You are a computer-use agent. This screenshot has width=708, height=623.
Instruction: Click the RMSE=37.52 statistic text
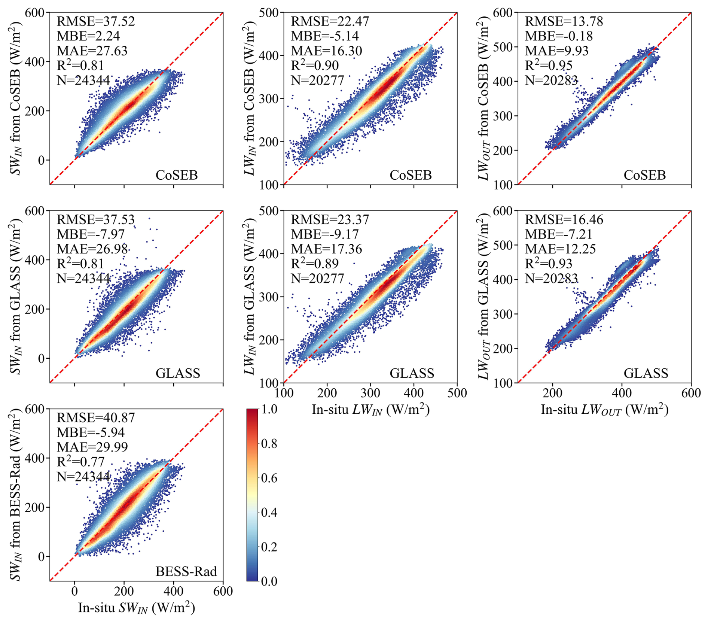pos(95,21)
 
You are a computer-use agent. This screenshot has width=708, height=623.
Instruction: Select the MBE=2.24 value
pos(88,36)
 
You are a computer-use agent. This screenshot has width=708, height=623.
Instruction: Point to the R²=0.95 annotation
pos(549,66)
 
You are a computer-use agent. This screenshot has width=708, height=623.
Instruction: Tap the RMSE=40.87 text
pos(95,417)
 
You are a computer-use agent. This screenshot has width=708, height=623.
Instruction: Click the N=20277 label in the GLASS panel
pos(317,279)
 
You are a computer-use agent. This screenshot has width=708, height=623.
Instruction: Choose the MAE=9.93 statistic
pos(556,51)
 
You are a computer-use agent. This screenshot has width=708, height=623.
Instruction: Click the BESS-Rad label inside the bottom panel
pos(186,572)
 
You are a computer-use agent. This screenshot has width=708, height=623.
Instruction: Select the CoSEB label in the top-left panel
pos(177,175)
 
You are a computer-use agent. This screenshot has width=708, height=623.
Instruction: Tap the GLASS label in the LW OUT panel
pos(646,373)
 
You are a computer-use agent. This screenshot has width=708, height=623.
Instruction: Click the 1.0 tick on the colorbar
pos(269,409)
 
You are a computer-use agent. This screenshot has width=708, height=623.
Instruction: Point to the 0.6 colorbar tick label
pos(269,478)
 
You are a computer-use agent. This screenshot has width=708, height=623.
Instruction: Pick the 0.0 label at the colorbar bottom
pos(269,581)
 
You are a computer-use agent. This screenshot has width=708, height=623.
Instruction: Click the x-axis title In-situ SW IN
pos(137,608)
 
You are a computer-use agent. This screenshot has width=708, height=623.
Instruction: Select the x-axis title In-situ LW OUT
pos(604,410)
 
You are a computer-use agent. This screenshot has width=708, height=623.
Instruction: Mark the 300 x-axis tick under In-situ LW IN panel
pos(370,393)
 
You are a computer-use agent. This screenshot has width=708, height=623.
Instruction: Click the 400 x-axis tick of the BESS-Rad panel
pos(174,591)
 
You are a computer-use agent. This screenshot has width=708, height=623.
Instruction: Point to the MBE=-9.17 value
pos(325,234)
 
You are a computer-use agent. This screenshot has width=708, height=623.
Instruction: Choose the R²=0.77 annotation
pos(80,462)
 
